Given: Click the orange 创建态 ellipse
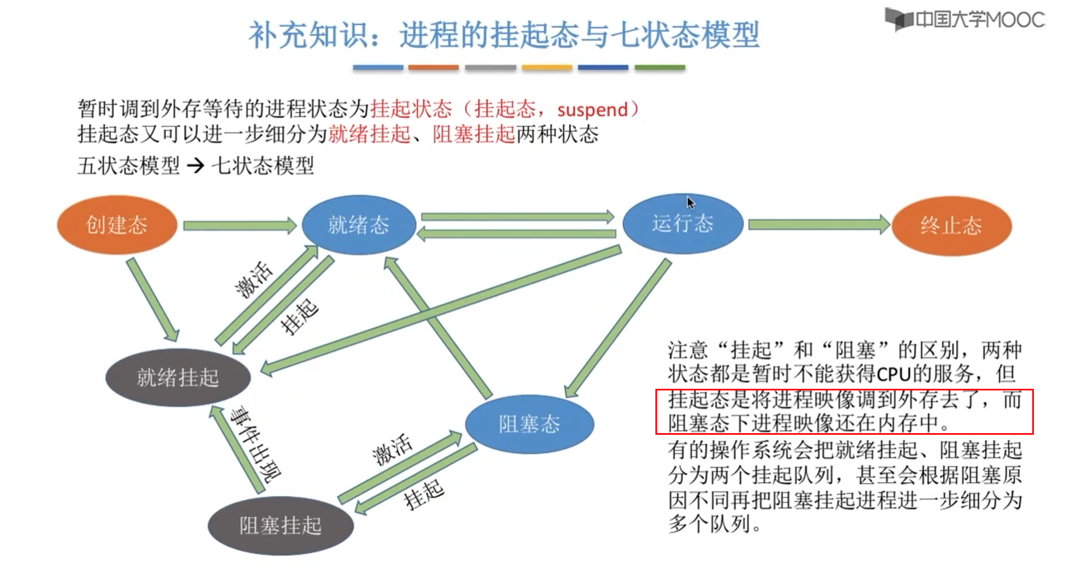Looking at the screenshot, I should [x=117, y=225].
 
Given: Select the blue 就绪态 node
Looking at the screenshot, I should [x=359, y=225].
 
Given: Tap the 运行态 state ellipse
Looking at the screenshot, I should [x=683, y=224].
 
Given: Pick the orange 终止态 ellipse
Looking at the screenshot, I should [x=951, y=226].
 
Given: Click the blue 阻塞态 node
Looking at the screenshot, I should [x=529, y=424].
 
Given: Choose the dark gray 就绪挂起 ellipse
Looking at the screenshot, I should [x=178, y=377].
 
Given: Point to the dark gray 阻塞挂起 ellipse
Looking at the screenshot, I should [x=281, y=525].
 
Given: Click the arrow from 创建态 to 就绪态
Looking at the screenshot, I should [x=239, y=226].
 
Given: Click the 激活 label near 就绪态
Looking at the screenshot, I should [x=253, y=280].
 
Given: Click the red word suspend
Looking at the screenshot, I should [x=593, y=110].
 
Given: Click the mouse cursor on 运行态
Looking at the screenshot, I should [x=690, y=203].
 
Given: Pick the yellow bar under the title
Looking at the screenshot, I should [x=547, y=68].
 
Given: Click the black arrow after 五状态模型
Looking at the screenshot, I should [x=196, y=166].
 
